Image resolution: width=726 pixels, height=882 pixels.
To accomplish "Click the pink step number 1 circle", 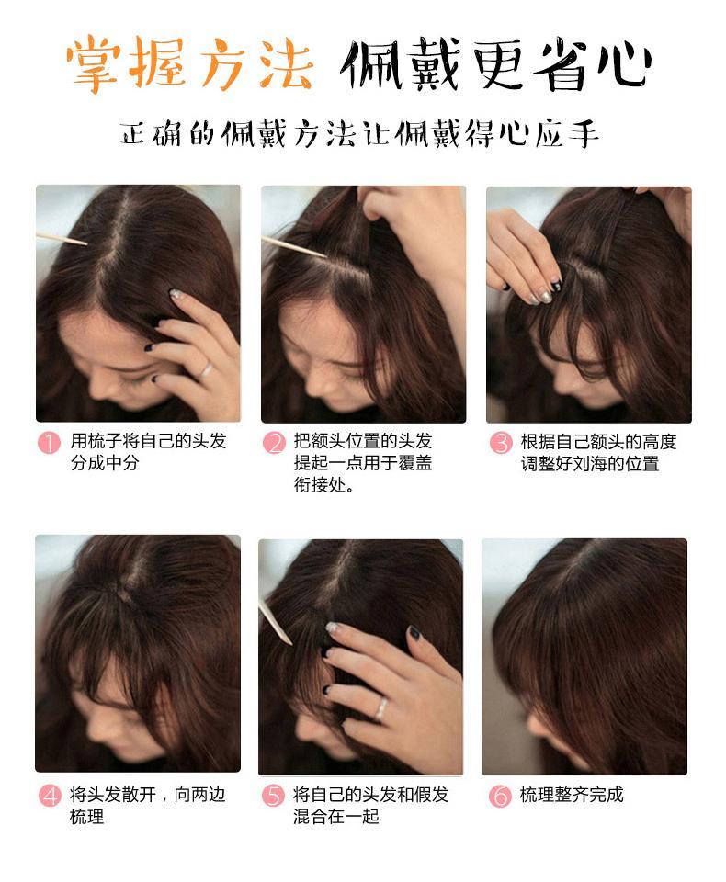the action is click(x=49, y=442).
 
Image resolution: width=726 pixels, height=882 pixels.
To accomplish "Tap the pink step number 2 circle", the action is click(x=274, y=442).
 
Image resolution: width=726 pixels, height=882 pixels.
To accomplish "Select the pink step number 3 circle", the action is click(x=500, y=443).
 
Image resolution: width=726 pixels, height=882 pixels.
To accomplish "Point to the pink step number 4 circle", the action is click(x=50, y=796).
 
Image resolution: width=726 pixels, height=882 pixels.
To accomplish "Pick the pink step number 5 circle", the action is click(x=274, y=796).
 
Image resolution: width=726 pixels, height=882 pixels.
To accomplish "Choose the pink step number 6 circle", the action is click(x=500, y=796).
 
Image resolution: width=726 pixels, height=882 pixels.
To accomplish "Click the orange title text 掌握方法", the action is click(x=189, y=63).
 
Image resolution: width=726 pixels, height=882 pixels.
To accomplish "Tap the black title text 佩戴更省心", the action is click(x=496, y=63).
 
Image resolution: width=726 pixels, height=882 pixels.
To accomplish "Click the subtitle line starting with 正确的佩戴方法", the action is click(x=358, y=134).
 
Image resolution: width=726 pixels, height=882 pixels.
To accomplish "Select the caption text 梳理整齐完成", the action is click(x=572, y=794).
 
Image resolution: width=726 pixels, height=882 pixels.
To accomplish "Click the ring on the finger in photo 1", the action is click(x=206, y=370).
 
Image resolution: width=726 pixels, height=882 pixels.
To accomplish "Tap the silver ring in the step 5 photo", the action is click(x=381, y=708).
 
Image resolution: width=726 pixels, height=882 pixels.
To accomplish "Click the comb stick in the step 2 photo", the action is click(x=294, y=247).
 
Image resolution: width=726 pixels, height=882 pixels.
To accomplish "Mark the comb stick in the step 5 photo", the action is click(x=275, y=623).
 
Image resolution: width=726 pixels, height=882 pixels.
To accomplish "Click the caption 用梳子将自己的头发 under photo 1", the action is click(x=148, y=440).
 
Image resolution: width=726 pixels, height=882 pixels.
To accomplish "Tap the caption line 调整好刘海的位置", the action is click(x=590, y=463).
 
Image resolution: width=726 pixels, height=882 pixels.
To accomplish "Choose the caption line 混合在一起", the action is click(x=336, y=816).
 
